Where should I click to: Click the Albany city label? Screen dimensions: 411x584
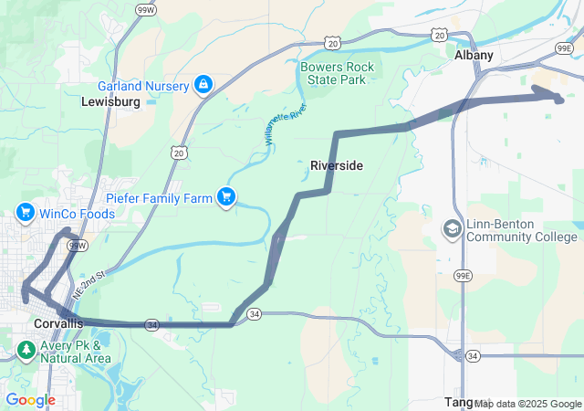coord(474,55)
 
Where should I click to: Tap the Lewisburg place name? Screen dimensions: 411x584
coord(110,101)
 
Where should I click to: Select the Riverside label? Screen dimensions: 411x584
coord(337,165)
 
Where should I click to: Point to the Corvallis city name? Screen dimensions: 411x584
coord(57,324)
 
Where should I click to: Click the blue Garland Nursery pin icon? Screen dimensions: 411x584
coord(203,86)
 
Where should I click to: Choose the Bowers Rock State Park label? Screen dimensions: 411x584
coord(333,73)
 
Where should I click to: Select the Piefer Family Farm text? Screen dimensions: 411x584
coord(160,196)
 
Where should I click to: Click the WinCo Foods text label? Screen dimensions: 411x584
coord(78,214)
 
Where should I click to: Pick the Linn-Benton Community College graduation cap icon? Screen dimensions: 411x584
coord(452,228)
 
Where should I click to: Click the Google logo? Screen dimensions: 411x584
coord(30,400)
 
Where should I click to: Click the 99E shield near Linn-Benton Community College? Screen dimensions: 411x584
coord(463,275)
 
